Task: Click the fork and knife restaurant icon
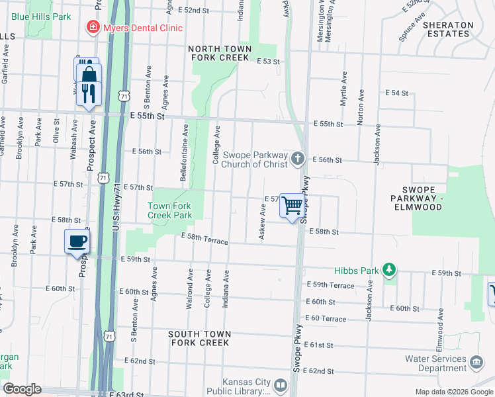coord(89,93)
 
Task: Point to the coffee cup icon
coord(77,241)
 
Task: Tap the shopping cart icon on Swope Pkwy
coord(292,205)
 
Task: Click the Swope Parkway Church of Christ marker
coord(298,159)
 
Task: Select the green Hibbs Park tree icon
coord(390,270)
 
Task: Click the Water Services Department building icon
coord(476,363)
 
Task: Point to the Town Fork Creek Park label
coord(169,210)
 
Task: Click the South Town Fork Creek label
coord(199,338)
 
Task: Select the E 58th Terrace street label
coord(204,240)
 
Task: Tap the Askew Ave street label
coord(263,222)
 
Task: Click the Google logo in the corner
coord(22,389)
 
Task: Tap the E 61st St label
coord(321,345)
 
